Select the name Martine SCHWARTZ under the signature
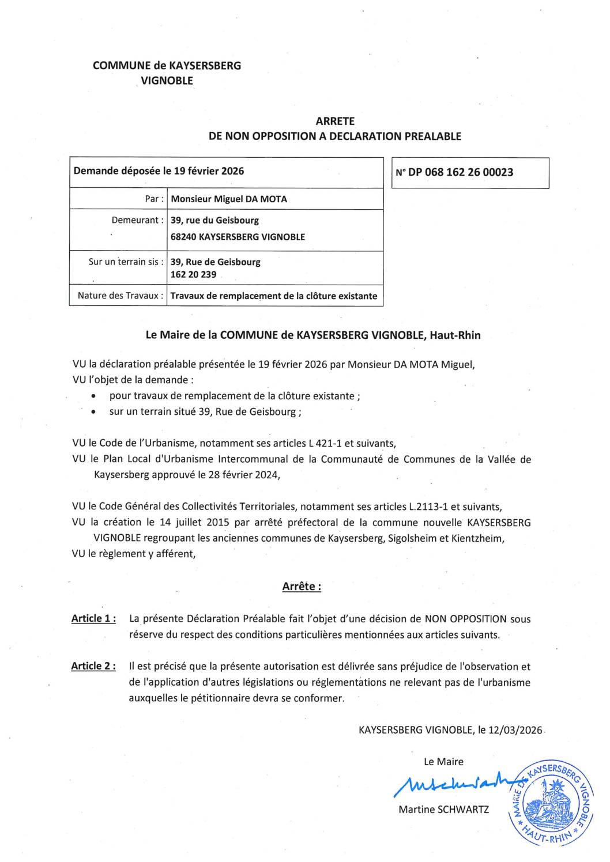point(443,810)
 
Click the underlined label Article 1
point(93,619)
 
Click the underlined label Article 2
point(93,666)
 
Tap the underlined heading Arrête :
point(302,587)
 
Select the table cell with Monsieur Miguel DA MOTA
point(229,199)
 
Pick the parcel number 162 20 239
point(193,275)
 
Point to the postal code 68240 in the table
point(183,237)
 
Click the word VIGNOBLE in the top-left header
point(167,81)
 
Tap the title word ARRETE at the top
point(335,122)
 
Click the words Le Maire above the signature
point(443,762)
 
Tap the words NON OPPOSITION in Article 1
point(466,619)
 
